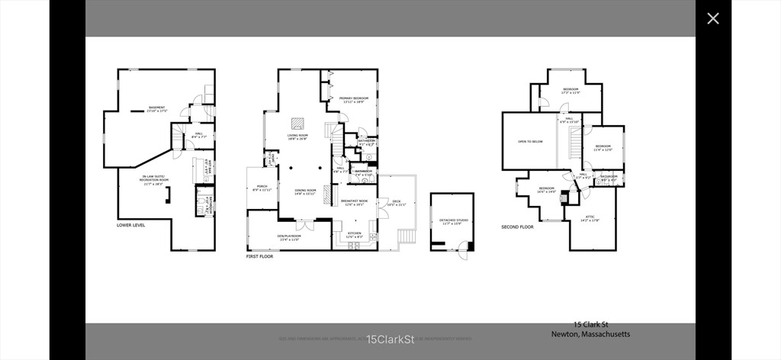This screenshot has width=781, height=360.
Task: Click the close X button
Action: pyautogui.click(x=712, y=18)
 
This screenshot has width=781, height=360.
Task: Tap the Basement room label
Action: pyautogui.click(x=157, y=109)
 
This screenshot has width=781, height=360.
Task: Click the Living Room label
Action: pyautogui.click(x=297, y=137)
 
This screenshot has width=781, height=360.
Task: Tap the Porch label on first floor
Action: pyautogui.click(x=262, y=188)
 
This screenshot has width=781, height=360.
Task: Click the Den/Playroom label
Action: pyautogui.click(x=289, y=238)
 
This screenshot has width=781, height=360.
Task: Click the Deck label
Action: pyautogui.click(x=397, y=203)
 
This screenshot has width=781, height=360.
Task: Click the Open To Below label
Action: pyautogui.click(x=530, y=142)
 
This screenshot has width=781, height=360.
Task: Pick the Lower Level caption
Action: pyautogui.click(x=130, y=226)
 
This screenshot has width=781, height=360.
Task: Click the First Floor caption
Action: pyautogui.click(x=259, y=257)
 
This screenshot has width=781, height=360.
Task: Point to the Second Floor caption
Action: pyautogui.click(x=516, y=227)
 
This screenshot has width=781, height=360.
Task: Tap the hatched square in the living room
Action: pyautogui.click(x=297, y=123)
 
